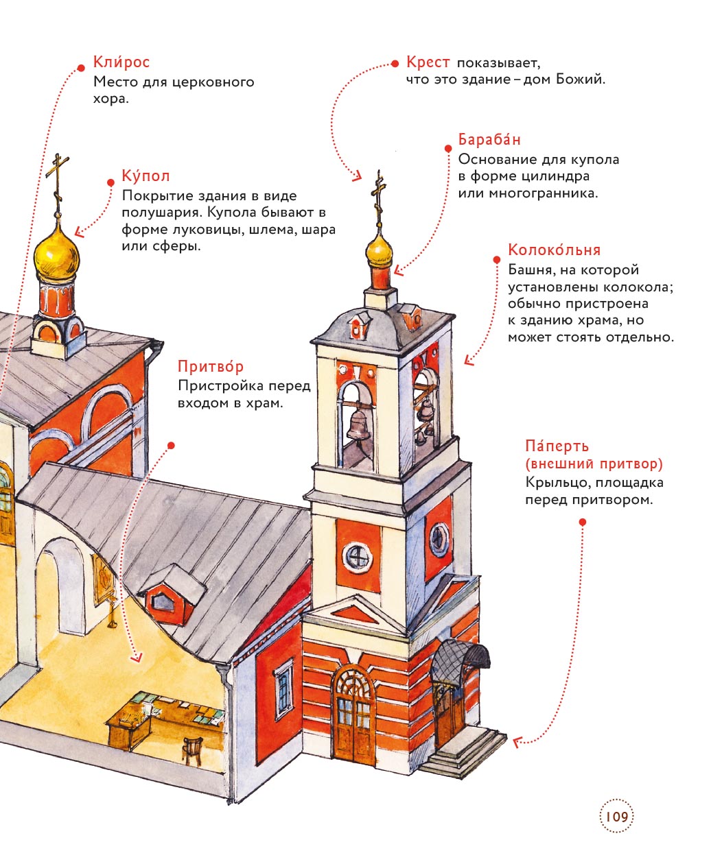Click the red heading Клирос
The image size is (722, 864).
pos(121,62)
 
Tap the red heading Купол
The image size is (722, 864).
pos(145,176)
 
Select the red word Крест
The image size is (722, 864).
pos(428,62)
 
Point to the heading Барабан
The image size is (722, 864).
pos(489,140)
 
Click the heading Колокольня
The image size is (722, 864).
pos(554,250)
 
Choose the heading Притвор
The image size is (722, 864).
pos(210,367)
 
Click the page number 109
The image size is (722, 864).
pos(616,817)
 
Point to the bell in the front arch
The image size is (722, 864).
pos(358,424)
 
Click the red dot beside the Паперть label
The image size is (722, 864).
pos(583,523)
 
